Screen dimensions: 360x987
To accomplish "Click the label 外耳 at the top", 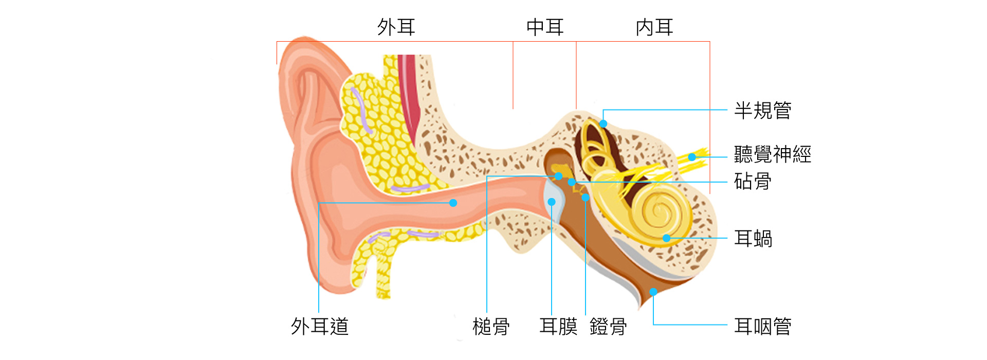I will tap(396, 27).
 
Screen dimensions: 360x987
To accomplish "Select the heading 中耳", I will tap(545, 27).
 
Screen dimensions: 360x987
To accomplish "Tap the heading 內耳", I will tap(654, 27).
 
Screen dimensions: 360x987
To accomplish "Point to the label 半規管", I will tap(762, 111).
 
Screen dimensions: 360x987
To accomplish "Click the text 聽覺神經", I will tap(772, 154).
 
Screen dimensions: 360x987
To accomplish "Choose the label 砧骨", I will tap(753, 182).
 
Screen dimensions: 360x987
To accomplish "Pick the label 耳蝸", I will tap(753, 239).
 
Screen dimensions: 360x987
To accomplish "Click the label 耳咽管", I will tap(762, 327).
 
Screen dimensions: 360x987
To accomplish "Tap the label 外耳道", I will tap(320, 327).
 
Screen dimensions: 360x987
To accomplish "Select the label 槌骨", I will tap(491, 327).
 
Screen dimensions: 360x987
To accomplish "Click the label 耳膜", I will tap(558, 327).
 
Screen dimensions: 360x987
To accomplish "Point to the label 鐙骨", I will tap(608, 327).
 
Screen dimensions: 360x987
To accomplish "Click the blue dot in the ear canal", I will tap(453, 203).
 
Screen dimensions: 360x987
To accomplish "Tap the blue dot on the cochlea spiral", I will tap(667, 238).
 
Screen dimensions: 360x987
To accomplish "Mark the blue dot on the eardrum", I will tap(552, 202).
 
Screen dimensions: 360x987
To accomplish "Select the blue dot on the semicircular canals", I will tap(604, 123).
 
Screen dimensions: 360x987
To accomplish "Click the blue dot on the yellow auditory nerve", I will tap(692, 157).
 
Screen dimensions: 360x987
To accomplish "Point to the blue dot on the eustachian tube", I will tap(653, 292).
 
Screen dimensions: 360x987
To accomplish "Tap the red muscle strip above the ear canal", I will tap(409, 98).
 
